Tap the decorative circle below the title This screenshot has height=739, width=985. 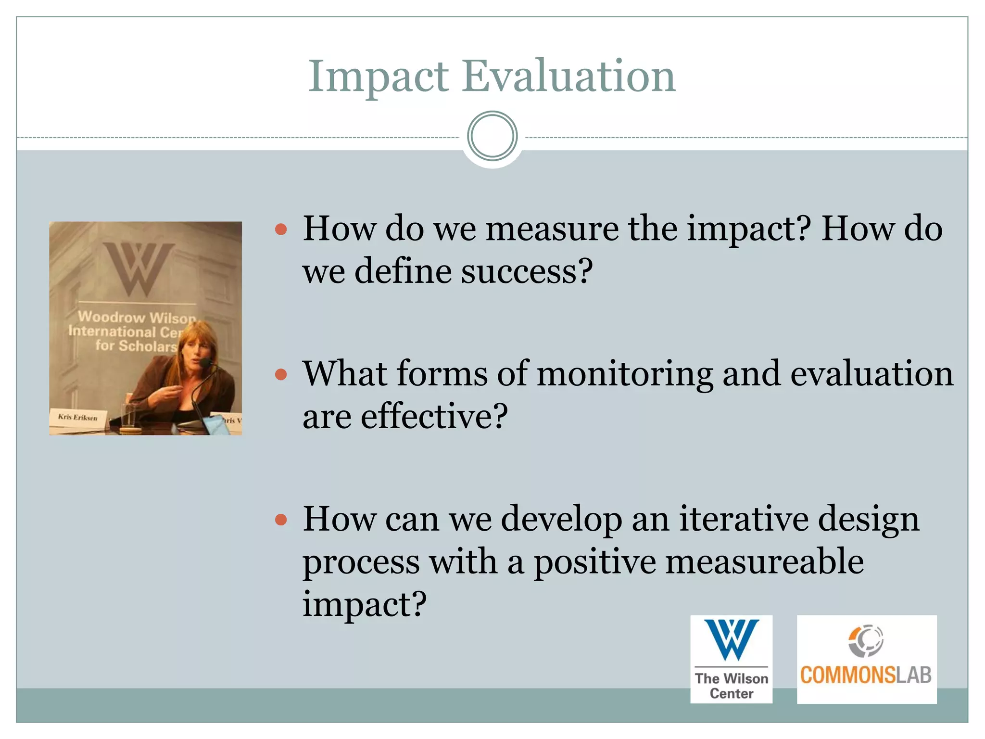pyautogui.click(x=492, y=136)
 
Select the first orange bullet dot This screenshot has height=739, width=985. pyautogui.click(x=281, y=229)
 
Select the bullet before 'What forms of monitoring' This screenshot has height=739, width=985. pyautogui.click(x=281, y=374)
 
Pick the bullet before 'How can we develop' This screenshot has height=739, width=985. pyautogui.click(x=281, y=520)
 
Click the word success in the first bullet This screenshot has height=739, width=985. pyautogui.click(x=526, y=271)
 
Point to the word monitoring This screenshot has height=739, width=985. pyautogui.click(x=625, y=374)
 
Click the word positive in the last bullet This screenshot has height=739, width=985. pyautogui.click(x=594, y=561)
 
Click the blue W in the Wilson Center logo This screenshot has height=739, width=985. pyautogui.click(x=731, y=639)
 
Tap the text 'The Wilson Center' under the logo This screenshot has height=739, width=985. pyautogui.click(x=731, y=686)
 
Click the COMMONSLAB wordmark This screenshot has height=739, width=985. pyautogui.click(x=866, y=675)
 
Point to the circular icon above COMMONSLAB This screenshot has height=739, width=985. pyautogui.click(x=866, y=640)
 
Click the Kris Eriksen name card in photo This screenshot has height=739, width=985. pyautogui.click(x=78, y=417)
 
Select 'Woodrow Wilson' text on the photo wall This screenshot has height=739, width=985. pyautogui.click(x=137, y=317)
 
